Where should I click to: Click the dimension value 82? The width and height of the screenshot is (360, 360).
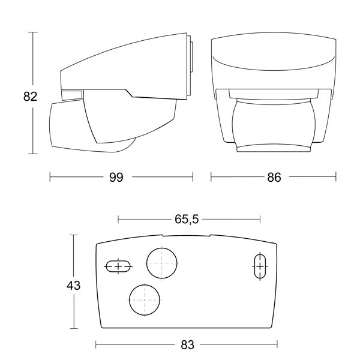30,97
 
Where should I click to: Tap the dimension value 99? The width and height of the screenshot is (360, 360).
116,177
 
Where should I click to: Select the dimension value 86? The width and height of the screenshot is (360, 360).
274,177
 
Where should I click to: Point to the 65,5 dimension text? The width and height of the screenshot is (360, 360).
187,219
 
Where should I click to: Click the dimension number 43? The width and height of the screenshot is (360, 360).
73,286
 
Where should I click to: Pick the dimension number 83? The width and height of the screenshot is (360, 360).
188,344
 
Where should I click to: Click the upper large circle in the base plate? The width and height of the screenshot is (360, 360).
162,263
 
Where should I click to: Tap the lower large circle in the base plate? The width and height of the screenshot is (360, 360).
145,300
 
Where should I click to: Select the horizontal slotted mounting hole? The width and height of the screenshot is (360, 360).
118,266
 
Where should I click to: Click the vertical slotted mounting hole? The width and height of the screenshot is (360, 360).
260,266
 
